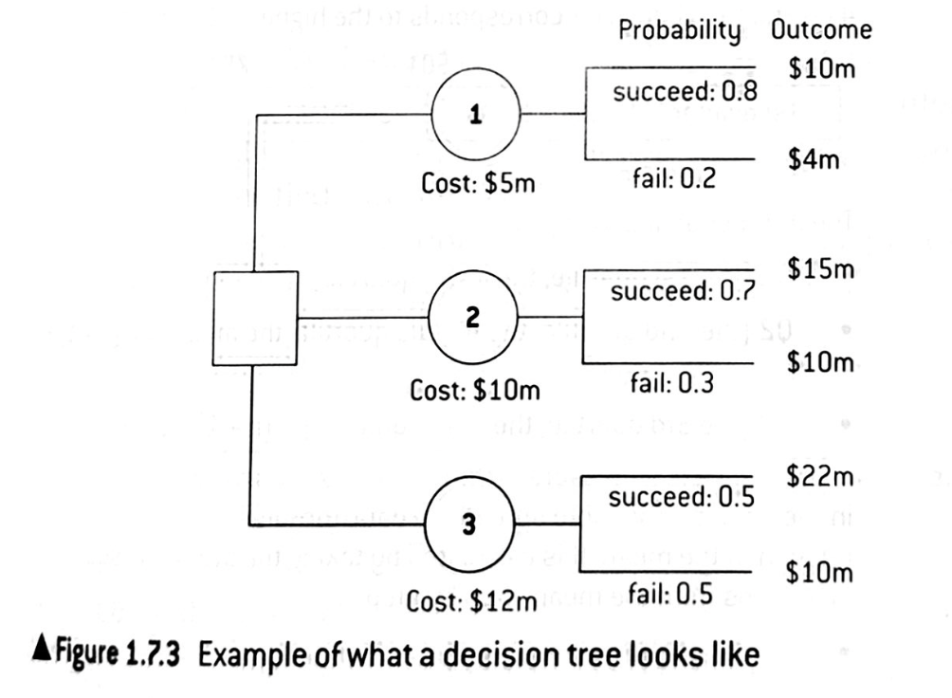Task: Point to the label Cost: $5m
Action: pyautogui.click(x=479, y=183)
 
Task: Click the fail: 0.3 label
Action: pyautogui.click(x=670, y=383)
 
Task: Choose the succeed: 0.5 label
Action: pyautogui.click(x=681, y=496)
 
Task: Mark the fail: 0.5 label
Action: pyautogui.click(x=670, y=596)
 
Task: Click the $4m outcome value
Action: pyautogui.click(x=814, y=160)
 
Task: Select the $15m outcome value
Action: pyautogui.click(x=821, y=269)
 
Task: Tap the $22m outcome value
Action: pyautogui.click(x=821, y=476)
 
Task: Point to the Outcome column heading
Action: pyautogui.click(x=821, y=29)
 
